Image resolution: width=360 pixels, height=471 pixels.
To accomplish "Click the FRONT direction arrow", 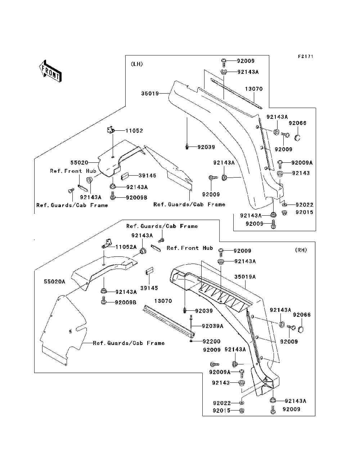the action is pos(50,71).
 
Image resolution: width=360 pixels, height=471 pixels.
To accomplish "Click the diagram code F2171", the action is pos(306,57).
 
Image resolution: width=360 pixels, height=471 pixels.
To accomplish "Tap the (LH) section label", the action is pos(137,64).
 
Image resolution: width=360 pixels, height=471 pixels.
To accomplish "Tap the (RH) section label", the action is pos(301,250).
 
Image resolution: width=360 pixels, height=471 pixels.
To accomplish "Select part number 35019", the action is pos(150,93).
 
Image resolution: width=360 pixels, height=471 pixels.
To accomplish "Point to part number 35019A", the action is pos(245,277).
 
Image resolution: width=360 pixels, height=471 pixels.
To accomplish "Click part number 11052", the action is pos(134,130).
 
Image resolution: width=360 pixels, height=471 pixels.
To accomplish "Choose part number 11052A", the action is pos(126,247).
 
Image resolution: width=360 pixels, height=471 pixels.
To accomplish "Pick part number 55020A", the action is pos(54,282).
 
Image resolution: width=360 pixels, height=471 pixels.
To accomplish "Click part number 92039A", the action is pos(213,326).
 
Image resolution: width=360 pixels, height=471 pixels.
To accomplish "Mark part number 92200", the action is pos(212,341).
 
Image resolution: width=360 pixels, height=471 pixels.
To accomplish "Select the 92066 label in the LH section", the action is pos(298,123).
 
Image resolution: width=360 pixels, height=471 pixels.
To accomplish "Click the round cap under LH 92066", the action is pos(297,138).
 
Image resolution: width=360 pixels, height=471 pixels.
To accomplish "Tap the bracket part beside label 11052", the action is pos(111,130).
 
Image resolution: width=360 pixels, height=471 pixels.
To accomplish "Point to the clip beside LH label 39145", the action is pos(125,176).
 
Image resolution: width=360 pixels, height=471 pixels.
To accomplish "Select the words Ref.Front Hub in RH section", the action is pos(190,248).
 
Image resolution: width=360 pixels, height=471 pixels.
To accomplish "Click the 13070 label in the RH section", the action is pos(163,301).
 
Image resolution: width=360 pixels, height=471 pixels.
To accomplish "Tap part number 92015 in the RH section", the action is pos(222,411).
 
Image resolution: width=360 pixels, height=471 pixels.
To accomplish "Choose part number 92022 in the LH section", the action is pos(305,205).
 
